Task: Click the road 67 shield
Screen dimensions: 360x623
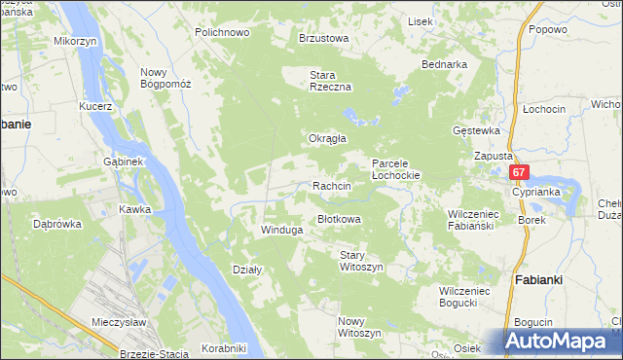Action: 519,172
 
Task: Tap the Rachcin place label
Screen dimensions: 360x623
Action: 331,185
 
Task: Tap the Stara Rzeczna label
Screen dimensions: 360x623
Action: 329,81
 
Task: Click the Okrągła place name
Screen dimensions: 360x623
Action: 328,138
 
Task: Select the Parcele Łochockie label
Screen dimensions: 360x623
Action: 395,169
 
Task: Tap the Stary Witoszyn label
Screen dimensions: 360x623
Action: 361,261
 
